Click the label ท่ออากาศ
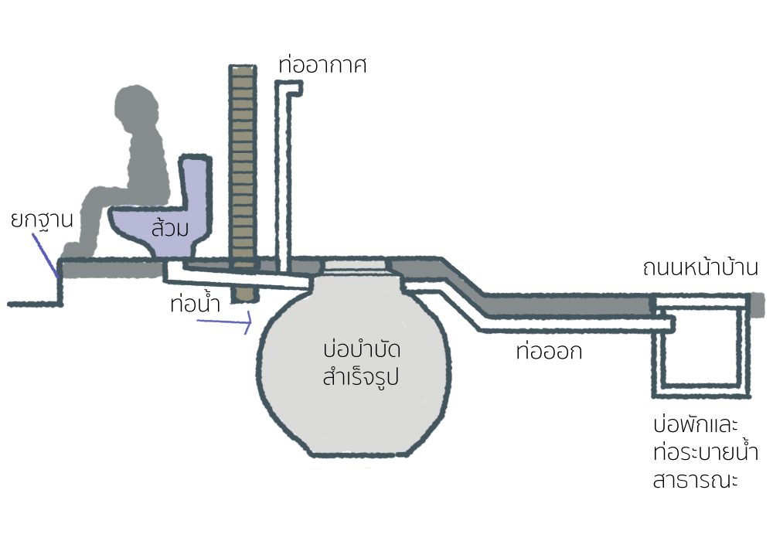[x=322, y=65]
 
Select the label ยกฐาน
[x=41, y=219]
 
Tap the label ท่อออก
[x=548, y=352]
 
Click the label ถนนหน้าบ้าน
[x=700, y=268]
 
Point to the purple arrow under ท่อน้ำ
[x=224, y=321]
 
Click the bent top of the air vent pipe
[x=292, y=90]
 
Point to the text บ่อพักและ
[x=696, y=426]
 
